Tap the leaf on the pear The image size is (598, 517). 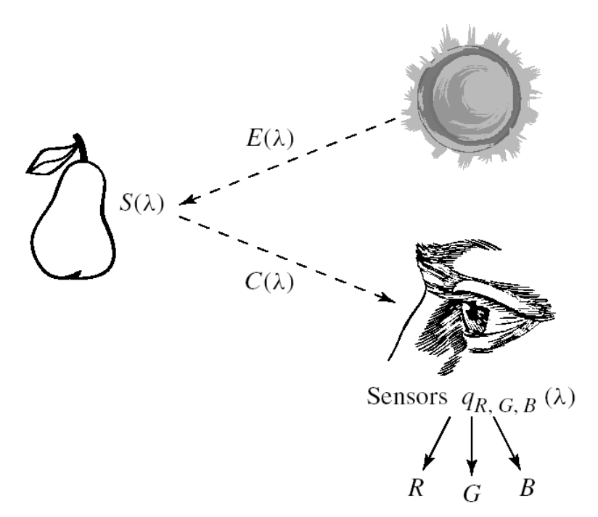pos(52,158)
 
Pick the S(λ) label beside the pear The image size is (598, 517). pos(142,206)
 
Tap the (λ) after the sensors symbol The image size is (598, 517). pos(558,398)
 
